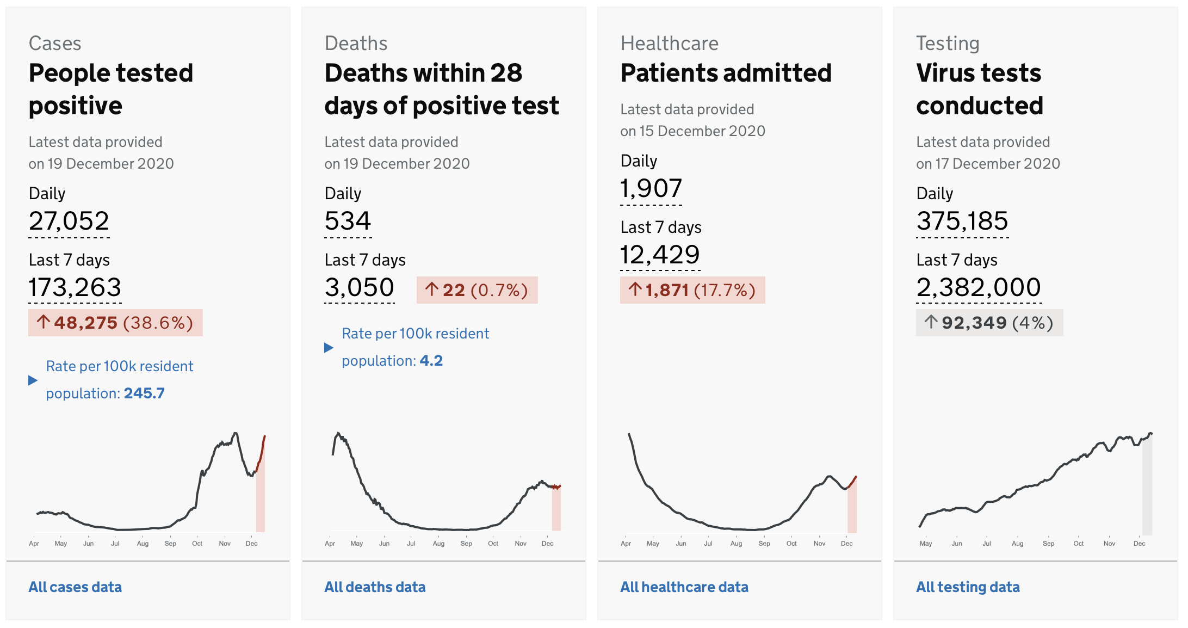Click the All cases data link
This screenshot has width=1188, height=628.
coord(75,587)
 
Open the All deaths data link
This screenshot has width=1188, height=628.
coord(375,587)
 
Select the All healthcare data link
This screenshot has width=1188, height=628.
coord(684,587)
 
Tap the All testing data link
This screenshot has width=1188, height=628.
coord(968,587)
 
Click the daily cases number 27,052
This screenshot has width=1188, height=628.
coord(69,221)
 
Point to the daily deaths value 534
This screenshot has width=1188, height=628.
coord(348,221)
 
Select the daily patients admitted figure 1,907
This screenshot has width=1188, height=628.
coord(651,188)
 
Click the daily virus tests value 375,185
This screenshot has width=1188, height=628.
coord(962,221)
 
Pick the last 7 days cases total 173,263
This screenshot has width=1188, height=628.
coord(75,287)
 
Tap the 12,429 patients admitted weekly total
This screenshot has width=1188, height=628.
coord(660,255)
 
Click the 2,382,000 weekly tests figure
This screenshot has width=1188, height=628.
coord(979,287)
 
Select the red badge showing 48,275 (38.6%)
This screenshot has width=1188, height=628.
coord(115,323)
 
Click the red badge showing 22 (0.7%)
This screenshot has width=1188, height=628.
coord(477,290)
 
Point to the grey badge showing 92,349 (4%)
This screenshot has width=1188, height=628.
coord(989,323)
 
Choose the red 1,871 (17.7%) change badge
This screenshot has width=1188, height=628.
coord(692,290)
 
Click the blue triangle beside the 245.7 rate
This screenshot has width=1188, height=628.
coord(33,380)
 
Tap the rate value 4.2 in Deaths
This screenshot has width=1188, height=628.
coord(431,361)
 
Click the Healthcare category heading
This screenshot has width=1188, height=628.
coord(669,44)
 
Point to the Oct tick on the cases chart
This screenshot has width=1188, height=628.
coord(197,543)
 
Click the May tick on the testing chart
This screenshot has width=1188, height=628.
coord(925,543)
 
